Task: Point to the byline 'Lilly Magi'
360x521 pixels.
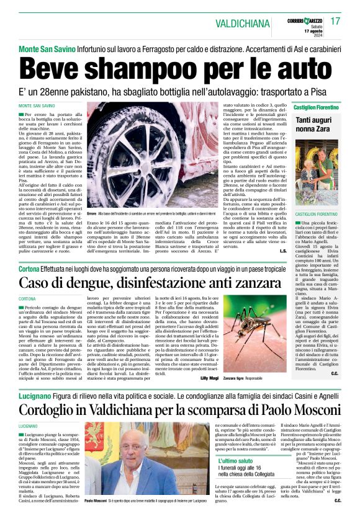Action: [209, 378]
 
